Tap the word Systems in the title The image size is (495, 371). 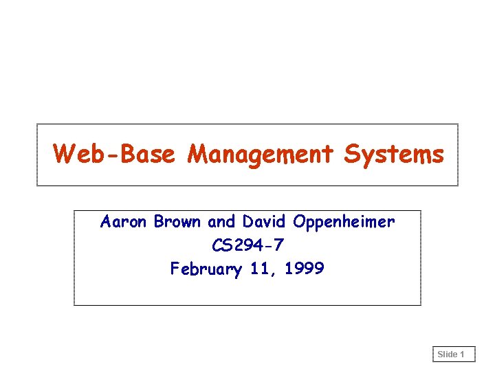click(x=394, y=154)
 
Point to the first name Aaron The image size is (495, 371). click(x=124, y=222)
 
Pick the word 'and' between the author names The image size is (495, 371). click(x=221, y=222)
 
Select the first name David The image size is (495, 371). click(x=265, y=222)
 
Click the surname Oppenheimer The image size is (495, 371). click(x=344, y=223)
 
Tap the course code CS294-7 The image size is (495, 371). click(x=247, y=245)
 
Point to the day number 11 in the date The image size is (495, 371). click(x=260, y=268)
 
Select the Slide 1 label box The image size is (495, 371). click(x=454, y=355)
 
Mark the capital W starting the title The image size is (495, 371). click(x=64, y=154)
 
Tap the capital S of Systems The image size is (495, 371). click(x=352, y=154)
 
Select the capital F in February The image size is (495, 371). click(x=175, y=268)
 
